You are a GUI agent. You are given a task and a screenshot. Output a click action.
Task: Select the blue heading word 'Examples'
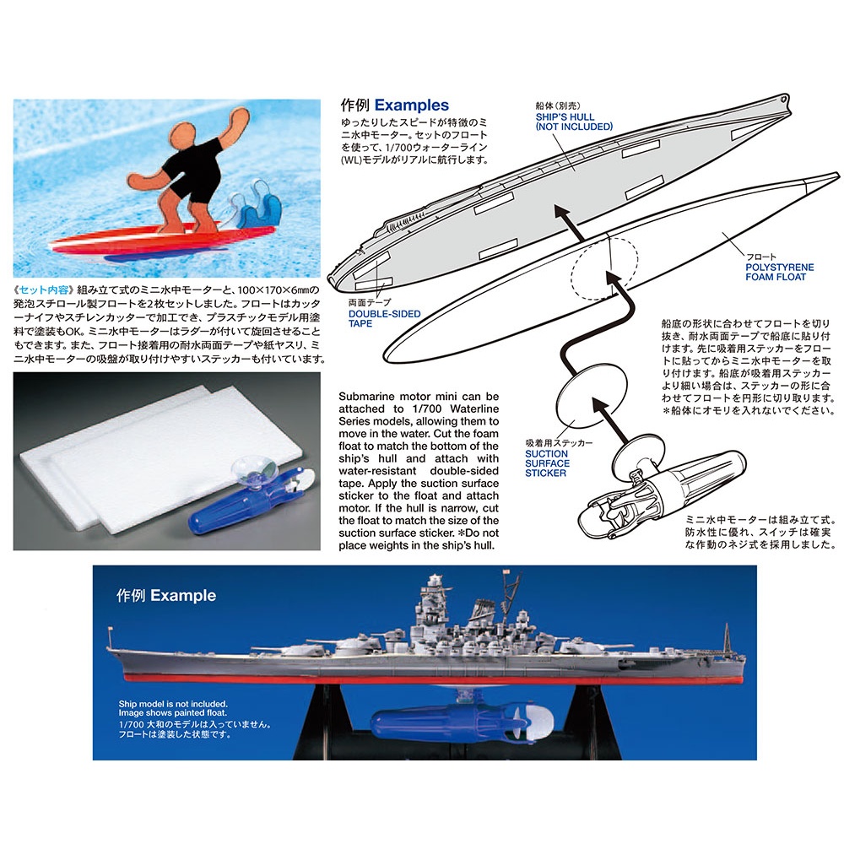pos(412,105)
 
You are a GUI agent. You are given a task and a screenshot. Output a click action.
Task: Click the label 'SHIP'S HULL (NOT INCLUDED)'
pos(574,122)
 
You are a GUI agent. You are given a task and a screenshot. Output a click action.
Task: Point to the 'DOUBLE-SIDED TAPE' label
pos(384,319)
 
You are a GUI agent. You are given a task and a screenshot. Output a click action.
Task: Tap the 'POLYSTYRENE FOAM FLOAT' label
pos(779,272)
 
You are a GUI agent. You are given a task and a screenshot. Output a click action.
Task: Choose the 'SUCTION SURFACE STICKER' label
pos(547,463)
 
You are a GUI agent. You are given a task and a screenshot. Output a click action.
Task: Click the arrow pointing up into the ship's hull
pos(570,223)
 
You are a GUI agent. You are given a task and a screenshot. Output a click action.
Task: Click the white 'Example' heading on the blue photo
pos(183,595)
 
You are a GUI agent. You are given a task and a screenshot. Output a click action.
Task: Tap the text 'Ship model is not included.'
pos(173,704)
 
